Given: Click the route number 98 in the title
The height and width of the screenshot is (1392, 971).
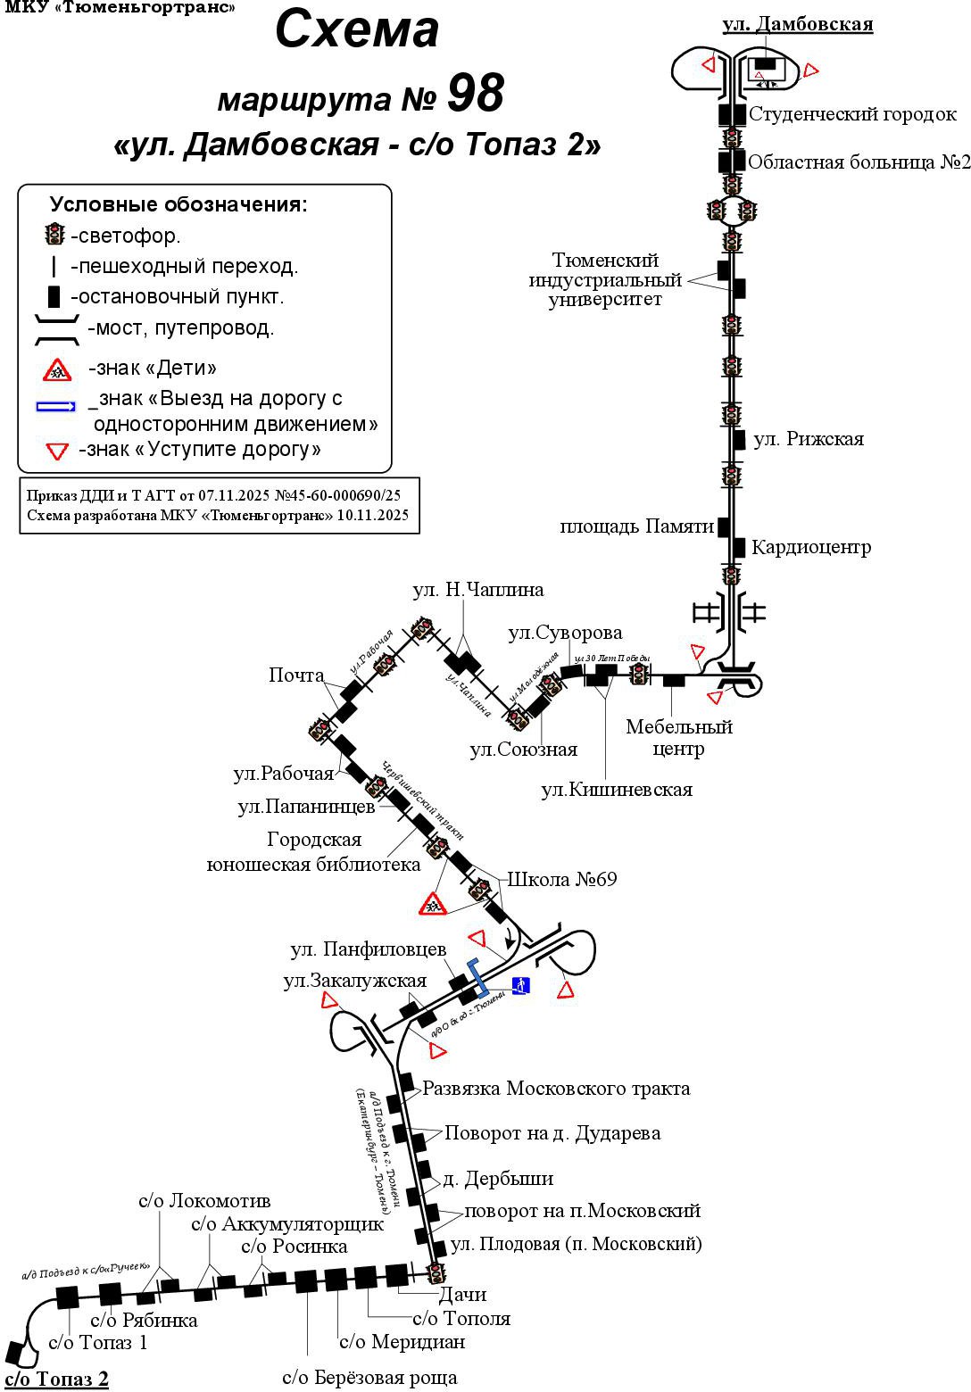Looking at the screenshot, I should coord(475,93).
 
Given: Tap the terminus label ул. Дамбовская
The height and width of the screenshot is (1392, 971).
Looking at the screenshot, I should coord(797,24).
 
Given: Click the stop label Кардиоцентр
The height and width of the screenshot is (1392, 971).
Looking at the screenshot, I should coord(810,547).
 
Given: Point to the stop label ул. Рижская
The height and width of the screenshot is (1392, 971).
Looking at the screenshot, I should coord(809,439).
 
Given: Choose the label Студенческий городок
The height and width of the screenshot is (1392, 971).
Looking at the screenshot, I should coord(852,114).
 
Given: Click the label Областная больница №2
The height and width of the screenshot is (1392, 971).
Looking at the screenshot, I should coord(859,162).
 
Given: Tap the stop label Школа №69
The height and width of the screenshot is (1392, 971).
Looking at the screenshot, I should coord(562,879).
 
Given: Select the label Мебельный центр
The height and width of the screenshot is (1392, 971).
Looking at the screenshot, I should coord(678,738).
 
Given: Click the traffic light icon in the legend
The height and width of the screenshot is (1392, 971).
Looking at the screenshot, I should coord(55,235).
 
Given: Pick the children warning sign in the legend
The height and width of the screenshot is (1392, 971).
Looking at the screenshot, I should coord(58,368).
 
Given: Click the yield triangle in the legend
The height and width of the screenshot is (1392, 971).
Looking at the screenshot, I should coord(57,451).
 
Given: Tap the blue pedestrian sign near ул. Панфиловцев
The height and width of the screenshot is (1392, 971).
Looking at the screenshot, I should coord(521,985).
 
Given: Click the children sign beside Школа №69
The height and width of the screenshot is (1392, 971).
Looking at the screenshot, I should coord(434,904).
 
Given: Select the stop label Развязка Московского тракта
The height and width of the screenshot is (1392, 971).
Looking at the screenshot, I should coord(556,1089).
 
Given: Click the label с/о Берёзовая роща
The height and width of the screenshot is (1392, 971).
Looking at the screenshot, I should coord(369,1377).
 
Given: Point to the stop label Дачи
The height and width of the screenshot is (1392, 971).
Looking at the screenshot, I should coord(462,1294).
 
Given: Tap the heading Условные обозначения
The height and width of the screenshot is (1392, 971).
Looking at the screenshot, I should coord(178,204).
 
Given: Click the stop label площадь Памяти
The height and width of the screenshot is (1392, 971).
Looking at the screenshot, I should coord(637,526).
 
